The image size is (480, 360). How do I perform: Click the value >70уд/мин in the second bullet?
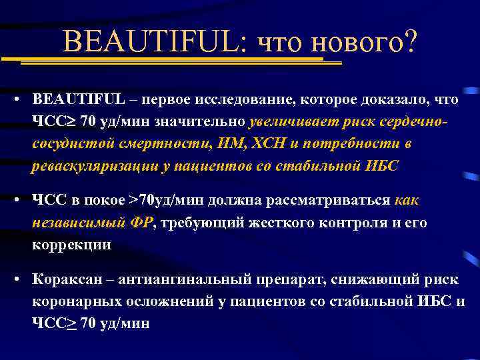click(166, 201)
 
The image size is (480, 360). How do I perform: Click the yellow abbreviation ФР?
click(142, 223)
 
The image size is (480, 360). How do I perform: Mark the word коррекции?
click(72, 245)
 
